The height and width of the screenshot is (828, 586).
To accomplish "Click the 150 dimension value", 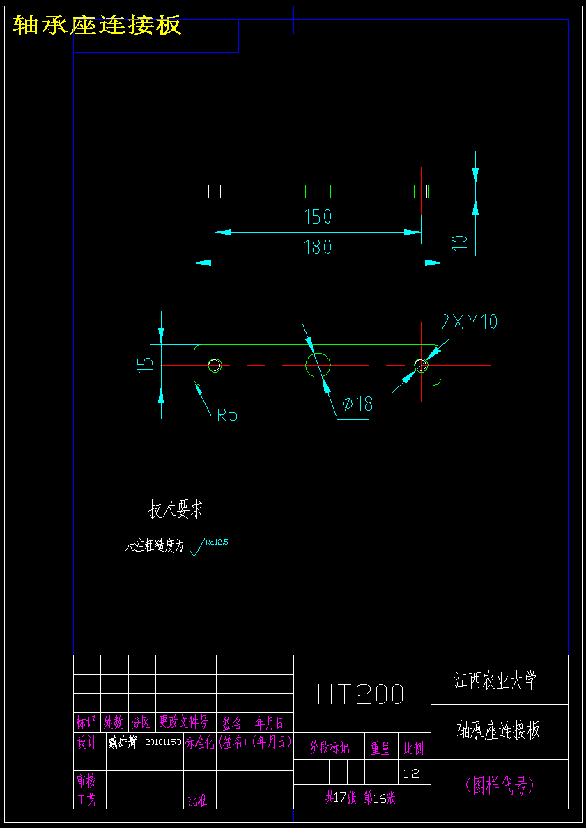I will point(318,217).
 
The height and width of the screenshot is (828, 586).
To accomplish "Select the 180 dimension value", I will point(318,247).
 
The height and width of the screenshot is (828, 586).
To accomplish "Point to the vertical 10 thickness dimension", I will point(459,242).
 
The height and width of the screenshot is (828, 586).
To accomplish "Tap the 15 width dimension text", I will point(145,364).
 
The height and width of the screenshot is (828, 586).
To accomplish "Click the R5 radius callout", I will point(227,415).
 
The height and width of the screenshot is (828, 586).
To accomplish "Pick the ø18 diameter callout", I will point(357,403).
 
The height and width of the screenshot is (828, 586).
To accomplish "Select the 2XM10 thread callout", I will point(469,322).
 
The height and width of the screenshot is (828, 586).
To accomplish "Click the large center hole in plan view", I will point(318,364).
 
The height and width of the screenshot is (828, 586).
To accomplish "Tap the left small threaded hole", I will point(215,364).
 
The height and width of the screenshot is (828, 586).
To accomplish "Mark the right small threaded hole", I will point(421,364).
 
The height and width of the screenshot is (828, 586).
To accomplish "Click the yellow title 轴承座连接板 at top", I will point(98,26).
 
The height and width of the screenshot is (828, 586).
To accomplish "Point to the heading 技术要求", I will point(176,509).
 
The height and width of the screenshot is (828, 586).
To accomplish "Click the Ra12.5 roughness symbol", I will point(208,546).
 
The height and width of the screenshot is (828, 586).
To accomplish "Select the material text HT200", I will point(360,694).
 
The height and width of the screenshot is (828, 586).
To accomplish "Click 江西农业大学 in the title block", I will point(496,680).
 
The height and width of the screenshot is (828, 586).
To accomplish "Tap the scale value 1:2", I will point(411,773).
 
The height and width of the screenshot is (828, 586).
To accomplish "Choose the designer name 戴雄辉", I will point(122,742).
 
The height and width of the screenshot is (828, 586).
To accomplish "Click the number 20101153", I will point(163,742).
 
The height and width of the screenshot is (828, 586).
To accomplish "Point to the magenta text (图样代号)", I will point(500,786).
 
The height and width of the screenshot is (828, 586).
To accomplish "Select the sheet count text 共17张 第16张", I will point(360,798).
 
